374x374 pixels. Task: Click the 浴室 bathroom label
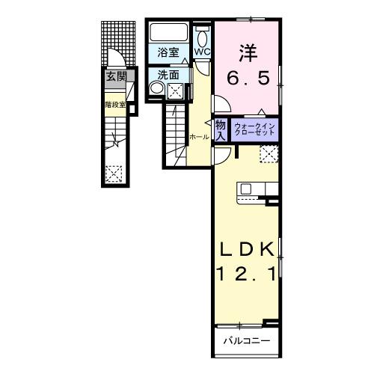pos(169,52)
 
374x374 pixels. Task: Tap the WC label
pos(203,52)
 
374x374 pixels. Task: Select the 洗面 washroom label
pos(169,75)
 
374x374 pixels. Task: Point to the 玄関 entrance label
pos(115,76)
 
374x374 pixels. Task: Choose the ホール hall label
pos(199,137)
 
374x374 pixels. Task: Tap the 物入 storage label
pos(221,130)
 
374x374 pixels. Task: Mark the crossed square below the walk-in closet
pos(269,154)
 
